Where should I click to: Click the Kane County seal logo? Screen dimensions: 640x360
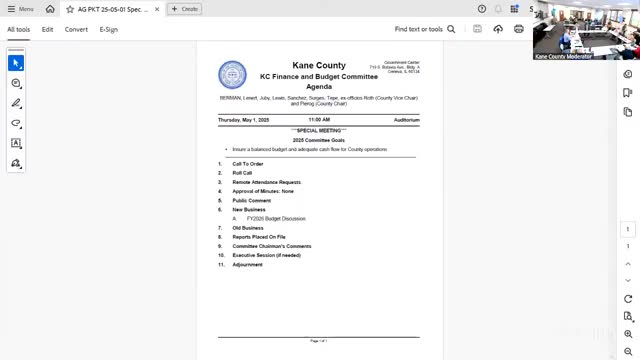click(x=232, y=75)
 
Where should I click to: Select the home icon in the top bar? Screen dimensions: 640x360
click(x=50, y=9)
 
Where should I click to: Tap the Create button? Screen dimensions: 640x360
click(x=185, y=9)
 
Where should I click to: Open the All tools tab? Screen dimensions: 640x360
click(x=18, y=30)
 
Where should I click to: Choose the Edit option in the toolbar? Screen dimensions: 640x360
click(x=47, y=30)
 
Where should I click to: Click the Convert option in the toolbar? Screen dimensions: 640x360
click(x=76, y=30)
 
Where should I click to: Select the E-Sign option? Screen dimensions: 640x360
click(x=108, y=30)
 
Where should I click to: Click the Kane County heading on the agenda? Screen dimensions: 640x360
click(x=318, y=66)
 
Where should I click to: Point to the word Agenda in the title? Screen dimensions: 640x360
click(x=318, y=87)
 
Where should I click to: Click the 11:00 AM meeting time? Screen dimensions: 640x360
click(x=318, y=120)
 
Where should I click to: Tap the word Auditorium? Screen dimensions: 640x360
click(x=406, y=120)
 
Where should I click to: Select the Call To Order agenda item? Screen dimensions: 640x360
click(x=248, y=164)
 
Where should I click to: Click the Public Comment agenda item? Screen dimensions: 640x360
click(x=251, y=200)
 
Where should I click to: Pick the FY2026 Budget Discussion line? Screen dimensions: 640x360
click(x=276, y=218)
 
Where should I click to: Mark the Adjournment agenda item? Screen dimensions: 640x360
click(x=248, y=265)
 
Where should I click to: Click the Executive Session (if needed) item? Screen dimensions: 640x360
click(x=266, y=255)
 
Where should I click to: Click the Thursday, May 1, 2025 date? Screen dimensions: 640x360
click(x=244, y=120)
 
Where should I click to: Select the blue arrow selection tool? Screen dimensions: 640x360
click(x=16, y=63)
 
